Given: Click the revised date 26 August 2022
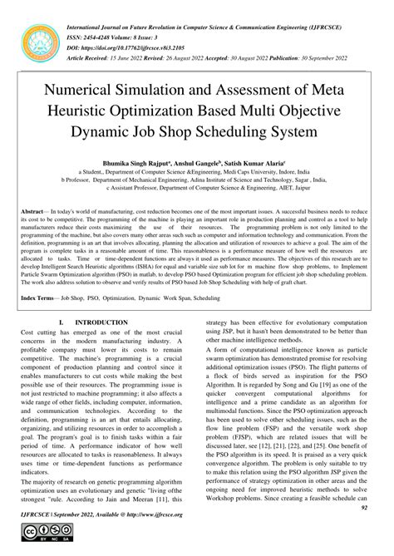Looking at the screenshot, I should pos(184,38).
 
